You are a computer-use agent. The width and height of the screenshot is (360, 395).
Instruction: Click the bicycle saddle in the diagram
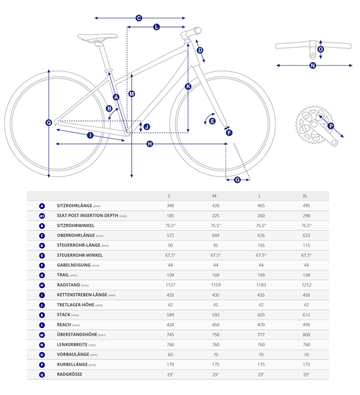click(98, 37)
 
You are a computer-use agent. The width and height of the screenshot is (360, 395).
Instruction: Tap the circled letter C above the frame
click(139, 18)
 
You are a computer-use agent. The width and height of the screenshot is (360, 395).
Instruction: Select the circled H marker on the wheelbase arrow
click(150, 144)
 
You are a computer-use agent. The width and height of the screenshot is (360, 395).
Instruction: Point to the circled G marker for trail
click(237, 180)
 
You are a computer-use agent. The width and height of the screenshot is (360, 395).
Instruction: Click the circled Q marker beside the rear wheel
click(49, 123)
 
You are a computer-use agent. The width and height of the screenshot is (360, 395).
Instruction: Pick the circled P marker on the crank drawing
click(331, 126)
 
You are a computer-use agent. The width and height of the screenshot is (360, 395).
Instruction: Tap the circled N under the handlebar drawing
click(313, 66)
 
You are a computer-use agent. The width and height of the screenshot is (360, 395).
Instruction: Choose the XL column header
click(305, 196)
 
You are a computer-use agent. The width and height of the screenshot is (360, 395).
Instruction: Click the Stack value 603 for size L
click(261, 315)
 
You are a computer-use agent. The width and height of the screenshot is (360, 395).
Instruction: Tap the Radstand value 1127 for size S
click(170, 285)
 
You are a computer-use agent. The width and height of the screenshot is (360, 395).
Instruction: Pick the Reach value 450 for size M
click(216, 325)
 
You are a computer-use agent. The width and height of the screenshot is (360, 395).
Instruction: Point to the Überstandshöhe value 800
click(306, 335)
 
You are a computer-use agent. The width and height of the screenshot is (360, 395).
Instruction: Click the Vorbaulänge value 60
click(170, 355)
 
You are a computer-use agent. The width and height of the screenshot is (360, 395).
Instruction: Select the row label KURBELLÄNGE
click(72, 365)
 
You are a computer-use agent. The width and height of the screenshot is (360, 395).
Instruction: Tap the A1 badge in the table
click(42, 216)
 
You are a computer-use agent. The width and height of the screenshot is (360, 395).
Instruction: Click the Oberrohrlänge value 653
click(306, 236)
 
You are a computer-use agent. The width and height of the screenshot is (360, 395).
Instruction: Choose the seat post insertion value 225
click(216, 216)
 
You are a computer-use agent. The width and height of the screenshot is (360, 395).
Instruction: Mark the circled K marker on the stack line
click(188, 86)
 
